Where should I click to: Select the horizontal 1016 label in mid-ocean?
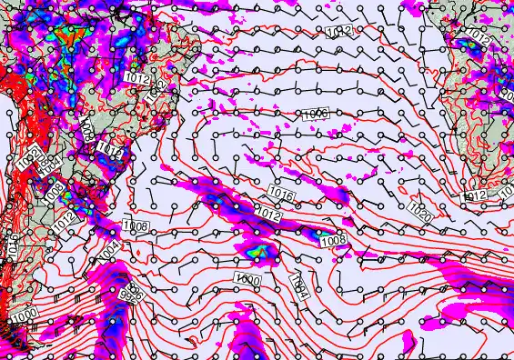[280, 194]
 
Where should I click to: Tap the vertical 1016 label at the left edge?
[13, 245]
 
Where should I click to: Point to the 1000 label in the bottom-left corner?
[25, 314]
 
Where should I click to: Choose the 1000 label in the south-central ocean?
[247, 278]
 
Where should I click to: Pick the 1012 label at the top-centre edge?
[340, 31]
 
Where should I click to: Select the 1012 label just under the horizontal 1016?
[267, 214]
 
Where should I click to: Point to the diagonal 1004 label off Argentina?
[108, 247]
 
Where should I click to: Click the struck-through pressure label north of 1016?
[315, 113]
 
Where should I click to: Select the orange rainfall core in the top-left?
[66, 36]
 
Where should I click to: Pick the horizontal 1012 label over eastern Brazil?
[137, 80]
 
